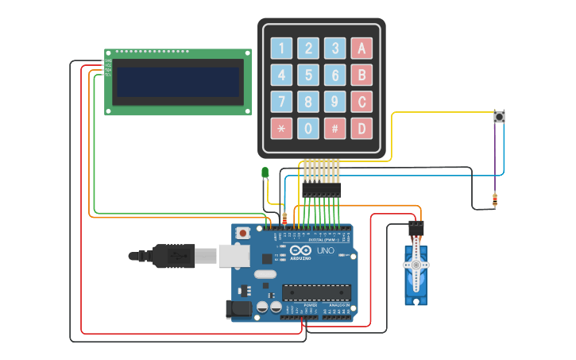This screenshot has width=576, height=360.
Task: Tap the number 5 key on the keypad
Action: [309, 75]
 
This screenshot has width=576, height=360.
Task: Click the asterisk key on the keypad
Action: [282, 128]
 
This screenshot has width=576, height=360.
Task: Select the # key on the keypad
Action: [335, 128]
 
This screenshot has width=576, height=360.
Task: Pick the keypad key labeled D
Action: [362, 128]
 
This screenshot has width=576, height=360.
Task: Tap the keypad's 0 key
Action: [309, 128]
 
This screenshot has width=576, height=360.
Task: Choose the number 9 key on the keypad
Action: [335, 102]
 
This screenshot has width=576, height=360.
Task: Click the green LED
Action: [265, 172]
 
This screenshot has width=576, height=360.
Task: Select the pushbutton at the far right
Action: [500, 117]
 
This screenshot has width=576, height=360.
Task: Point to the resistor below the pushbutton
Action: [495, 200]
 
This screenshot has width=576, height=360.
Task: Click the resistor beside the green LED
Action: [285, 217]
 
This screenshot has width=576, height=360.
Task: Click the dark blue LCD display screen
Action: [178, 81]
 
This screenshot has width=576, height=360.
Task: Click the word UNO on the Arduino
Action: [325, 250]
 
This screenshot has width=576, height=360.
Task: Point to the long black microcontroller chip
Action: [315, 292]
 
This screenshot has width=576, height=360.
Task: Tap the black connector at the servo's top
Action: [416, 228]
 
